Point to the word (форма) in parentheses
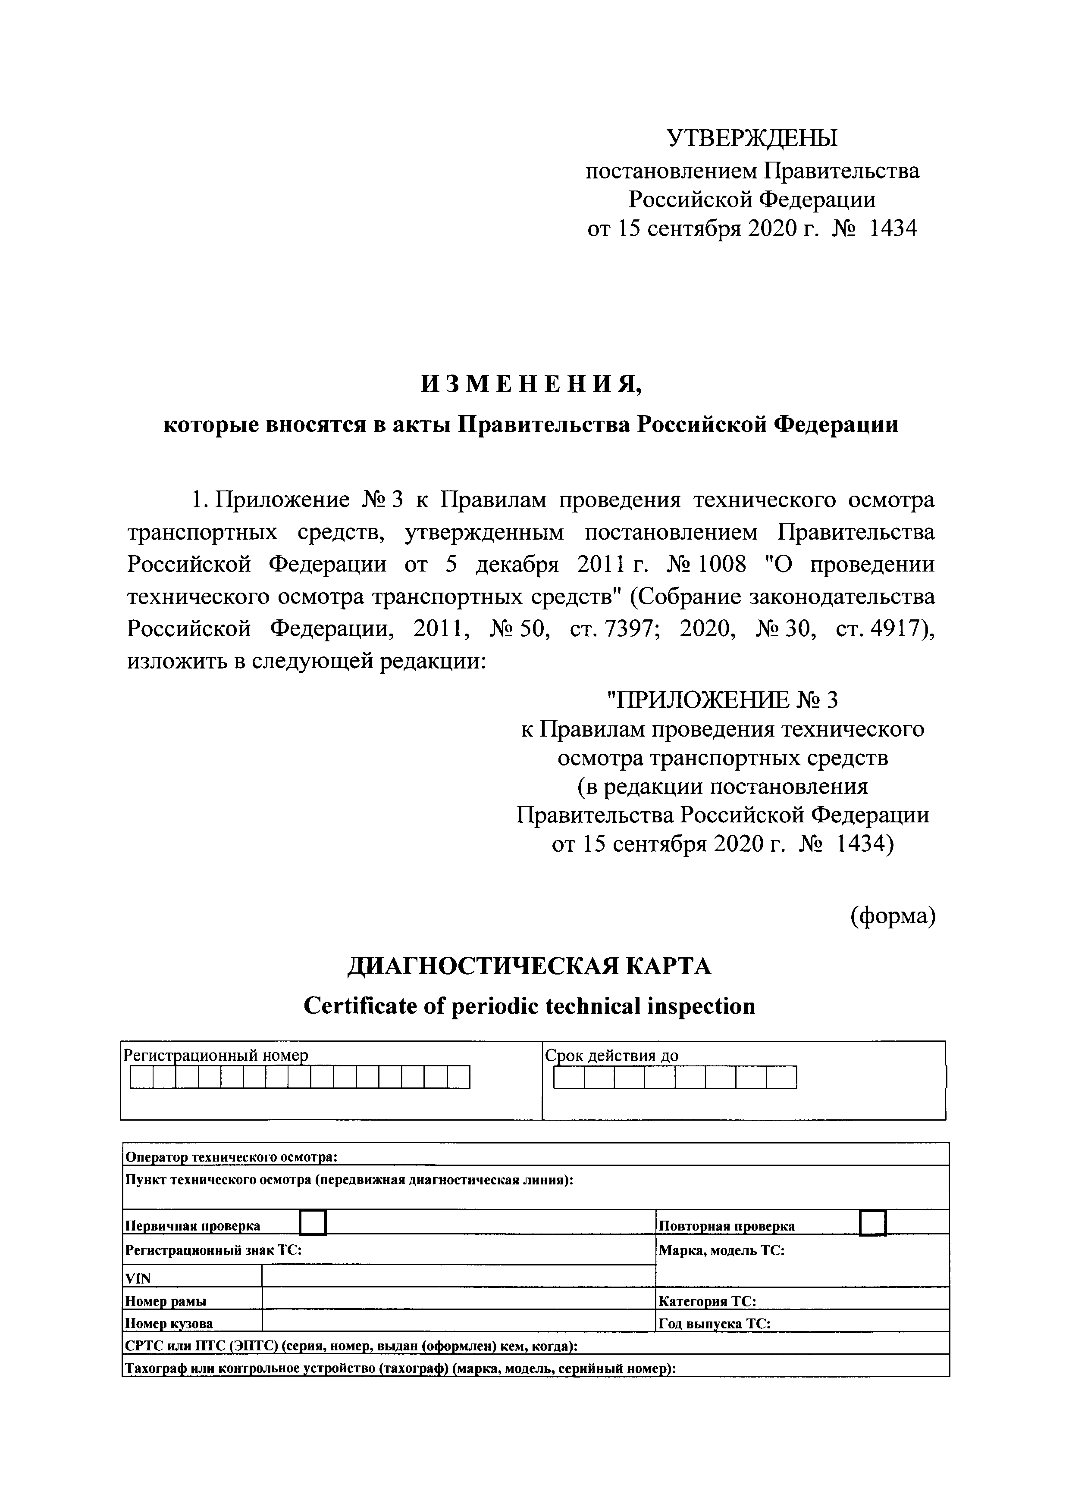click(893, 915)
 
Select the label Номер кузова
click(169, 1323)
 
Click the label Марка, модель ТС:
click(721, 1250)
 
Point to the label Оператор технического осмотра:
click(231, 1157)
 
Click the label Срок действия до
click(611, 1056)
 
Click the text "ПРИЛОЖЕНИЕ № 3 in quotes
click(721, 700)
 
